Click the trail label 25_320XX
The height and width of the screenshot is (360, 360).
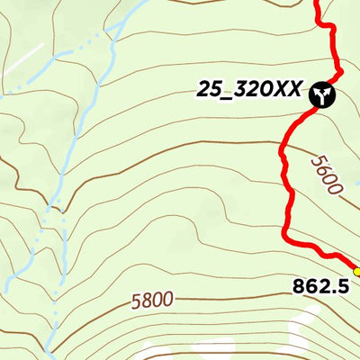point(249,91)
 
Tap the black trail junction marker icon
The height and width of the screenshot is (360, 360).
point(322,94)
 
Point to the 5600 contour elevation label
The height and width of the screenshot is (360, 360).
point(326,175)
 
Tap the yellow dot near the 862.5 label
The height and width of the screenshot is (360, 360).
point(356,271)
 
